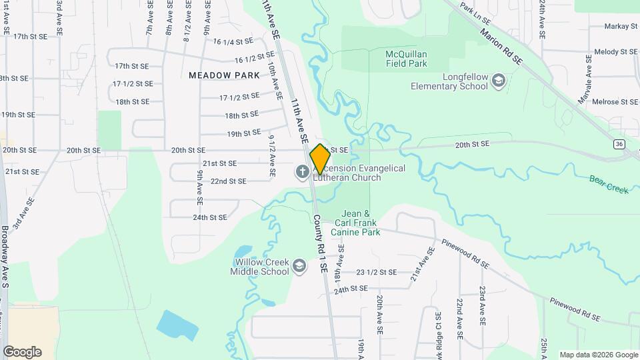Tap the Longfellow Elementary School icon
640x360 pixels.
point(498,81)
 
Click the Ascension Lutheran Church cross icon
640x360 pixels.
point(301,173)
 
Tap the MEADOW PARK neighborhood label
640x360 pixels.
point(224,75)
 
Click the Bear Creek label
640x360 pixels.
point(609,185)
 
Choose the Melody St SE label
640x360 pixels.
point(616,51)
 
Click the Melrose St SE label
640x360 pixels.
point(616,101)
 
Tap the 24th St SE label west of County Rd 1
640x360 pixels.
point(210,217)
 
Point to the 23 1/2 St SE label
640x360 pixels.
point(377,272)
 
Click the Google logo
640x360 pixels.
point(22,352)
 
